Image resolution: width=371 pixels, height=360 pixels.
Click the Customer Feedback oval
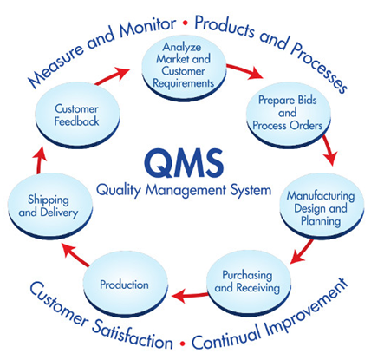pos(77,115)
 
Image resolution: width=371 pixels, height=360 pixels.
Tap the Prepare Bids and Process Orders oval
pos(288,115)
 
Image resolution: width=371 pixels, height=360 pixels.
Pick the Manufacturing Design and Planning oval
pos(322,207)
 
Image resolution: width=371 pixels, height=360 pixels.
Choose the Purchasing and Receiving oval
pos(249,283)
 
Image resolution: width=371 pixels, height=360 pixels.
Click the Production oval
pos(126,284)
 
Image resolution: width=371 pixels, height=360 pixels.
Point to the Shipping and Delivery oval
pos(49,206)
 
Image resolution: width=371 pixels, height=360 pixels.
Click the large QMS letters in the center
pos(184,163)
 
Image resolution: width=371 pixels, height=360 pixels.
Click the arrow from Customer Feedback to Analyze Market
pos(112,76)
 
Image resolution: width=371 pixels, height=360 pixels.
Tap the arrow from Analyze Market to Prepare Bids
pos(244,71)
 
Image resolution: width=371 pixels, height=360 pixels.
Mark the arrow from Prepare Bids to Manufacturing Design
pos(330,150)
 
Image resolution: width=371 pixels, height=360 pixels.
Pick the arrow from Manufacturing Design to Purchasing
pos(302,251)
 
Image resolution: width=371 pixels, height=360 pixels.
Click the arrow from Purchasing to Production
pos(190,296)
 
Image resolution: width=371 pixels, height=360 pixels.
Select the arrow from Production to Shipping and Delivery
pos(76,254)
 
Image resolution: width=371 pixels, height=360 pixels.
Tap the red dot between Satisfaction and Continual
pos(182,344)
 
